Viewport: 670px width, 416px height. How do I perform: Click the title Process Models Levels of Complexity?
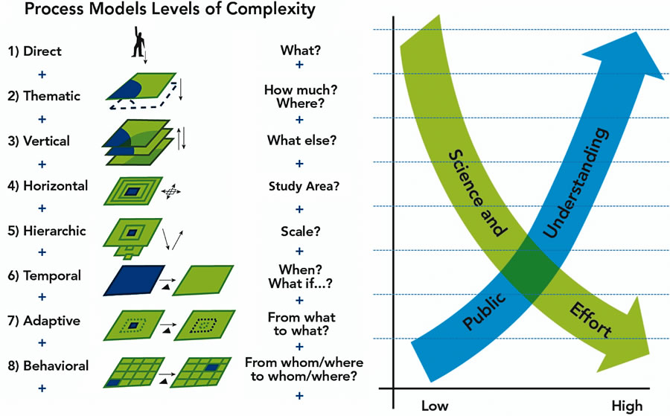(x=160, y=11)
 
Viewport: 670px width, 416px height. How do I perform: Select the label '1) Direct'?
(x=35, y=51)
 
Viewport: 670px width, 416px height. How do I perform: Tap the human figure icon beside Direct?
(x=138, y=43)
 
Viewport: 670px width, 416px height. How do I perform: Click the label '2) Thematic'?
(x=44, y=96)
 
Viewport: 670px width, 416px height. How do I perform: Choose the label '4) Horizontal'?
(x=48, y=186)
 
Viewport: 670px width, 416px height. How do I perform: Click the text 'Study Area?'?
(x=304, y=186)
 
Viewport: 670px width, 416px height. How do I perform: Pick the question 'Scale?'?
(x=301, y=231)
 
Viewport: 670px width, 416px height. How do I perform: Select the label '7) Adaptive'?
(x=44, y=321)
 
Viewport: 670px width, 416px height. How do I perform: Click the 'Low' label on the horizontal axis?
(x=435, y=406)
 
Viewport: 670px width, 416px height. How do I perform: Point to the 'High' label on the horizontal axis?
(x=627, y=406)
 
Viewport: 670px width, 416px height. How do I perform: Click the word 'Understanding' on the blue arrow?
(x=577, y=182)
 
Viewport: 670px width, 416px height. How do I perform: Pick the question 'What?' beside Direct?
(x=299, y=51)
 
